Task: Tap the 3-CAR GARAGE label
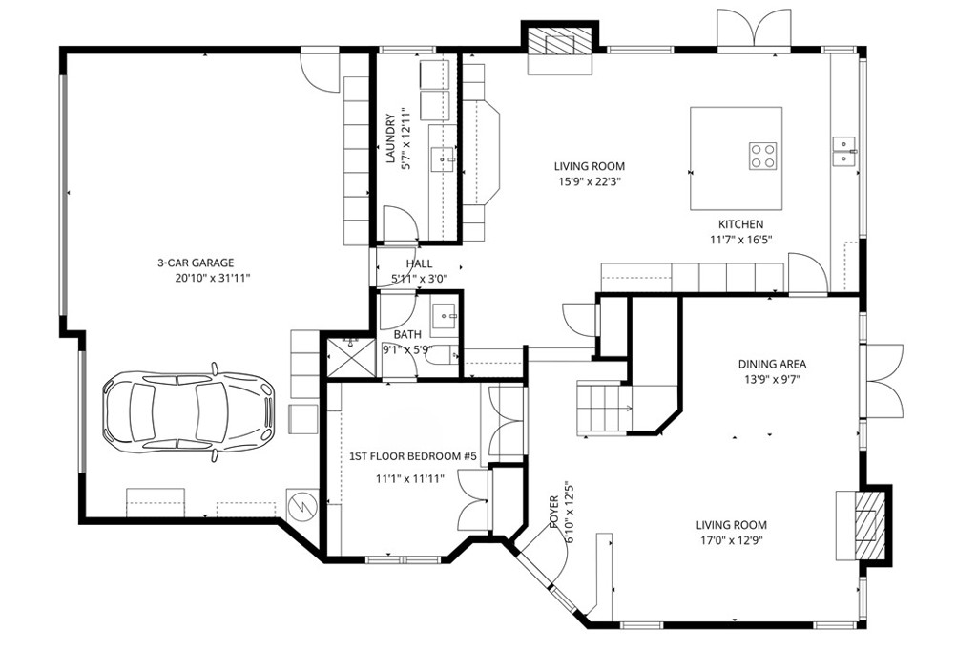[196, 263]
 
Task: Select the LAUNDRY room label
[390, 139]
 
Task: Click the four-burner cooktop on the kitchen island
[762, 155]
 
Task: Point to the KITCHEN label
[740, 224]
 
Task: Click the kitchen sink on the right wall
[844, 145]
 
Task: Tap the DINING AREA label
[772, 364]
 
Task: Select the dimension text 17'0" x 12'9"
[731, 540]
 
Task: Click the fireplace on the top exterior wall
[560, 42]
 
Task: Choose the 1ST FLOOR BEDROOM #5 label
[413, 457]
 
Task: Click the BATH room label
[407, 334]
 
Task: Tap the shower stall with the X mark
[346, 358]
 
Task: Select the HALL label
[419, 263]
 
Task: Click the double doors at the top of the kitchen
[754, 29]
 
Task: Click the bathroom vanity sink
[445, 314]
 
